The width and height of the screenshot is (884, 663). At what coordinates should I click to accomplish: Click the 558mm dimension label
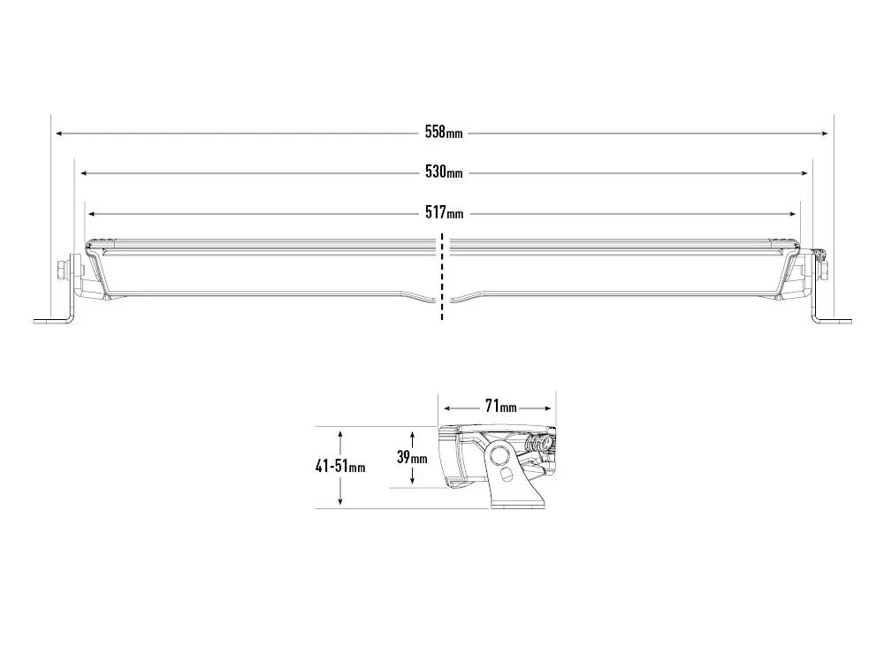(x=443, y=133)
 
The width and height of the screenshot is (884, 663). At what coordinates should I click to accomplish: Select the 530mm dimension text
(x=443, y=172)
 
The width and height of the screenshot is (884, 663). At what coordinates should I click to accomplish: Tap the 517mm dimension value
(x=443, y=213)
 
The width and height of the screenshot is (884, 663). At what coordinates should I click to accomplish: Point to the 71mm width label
(x=500, y=408)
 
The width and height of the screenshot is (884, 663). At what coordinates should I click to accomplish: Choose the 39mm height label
(x=412, y=458)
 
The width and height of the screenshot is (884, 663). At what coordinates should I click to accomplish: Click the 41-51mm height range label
(x=340, y=467)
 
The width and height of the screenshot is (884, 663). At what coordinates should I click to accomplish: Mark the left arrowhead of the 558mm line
(x=58, y=133)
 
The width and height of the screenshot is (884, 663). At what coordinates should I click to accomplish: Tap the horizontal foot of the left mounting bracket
(x=49, y=321)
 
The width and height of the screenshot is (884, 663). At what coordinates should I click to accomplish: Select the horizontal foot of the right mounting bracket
(x=834, y=321)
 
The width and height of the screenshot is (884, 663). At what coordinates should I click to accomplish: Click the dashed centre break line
(x=442, y=278)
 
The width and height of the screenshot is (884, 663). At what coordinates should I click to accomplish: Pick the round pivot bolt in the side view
(x=500, y=455)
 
